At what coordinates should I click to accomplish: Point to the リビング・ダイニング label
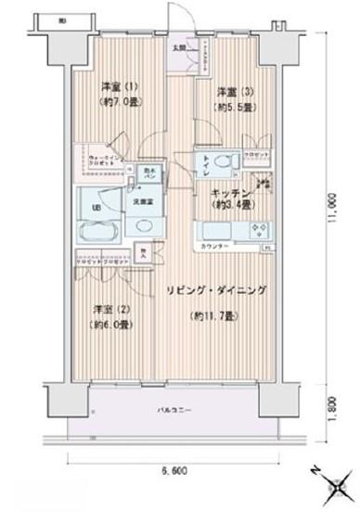[x=217, y=290]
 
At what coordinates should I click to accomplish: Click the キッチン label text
[x=228, y=193]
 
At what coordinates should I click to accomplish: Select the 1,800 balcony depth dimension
[x=330, y=405]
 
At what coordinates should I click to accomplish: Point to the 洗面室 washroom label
[x=142, y=199]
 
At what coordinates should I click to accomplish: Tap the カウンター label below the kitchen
[x=213, y=246]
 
